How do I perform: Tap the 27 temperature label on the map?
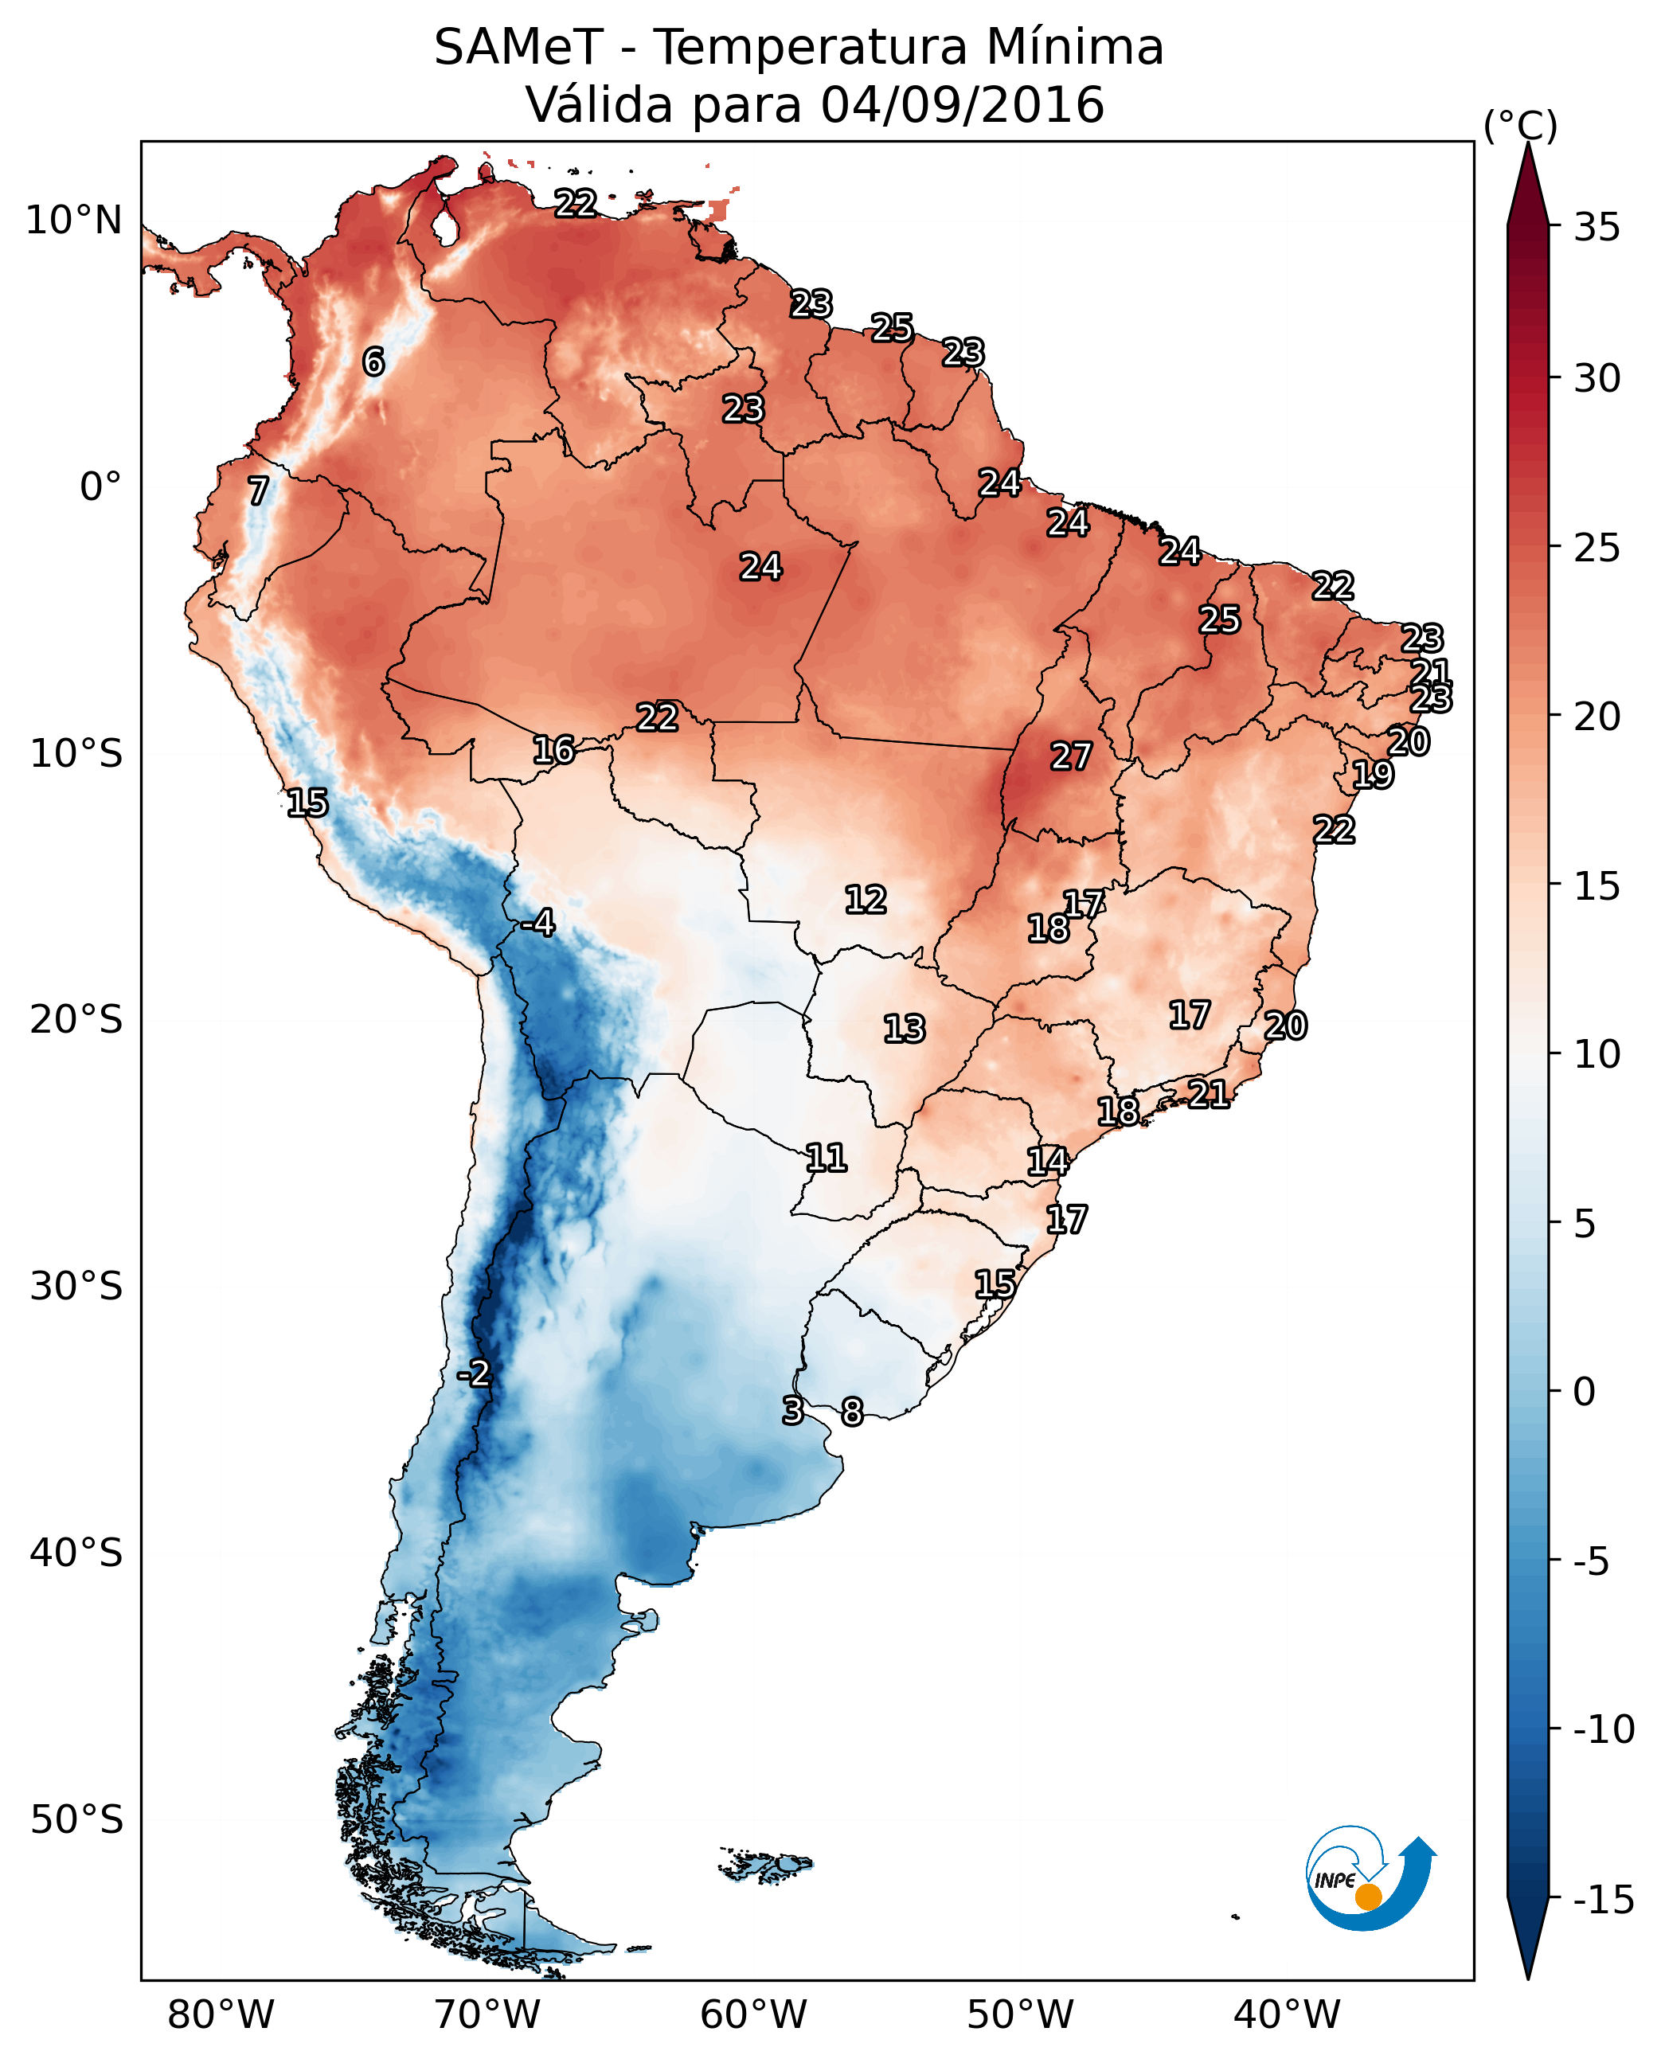pyautogui.click(x=1071, y=757)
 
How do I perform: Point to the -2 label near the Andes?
pyautogui.click(x=474, y=1374)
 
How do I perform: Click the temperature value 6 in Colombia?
pyautogui.click(x=373, y=361)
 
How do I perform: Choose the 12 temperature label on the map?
pyautogui.click(x=866, y=900)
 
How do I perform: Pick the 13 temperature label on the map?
pyautogui.click(x=905, y=1029)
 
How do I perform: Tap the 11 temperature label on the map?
pyautogui.click(x=827, y=1158)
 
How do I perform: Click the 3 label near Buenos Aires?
pyautogui.click(x=792, y=1410)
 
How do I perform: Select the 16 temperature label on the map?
pyautogui.click(x=554, y=750)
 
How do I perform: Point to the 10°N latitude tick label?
pyautogui.click(x=74, y=221)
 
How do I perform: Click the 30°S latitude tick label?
pyautogui.click(x=76, y=1287)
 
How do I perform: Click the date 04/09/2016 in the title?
pyautogui.click(x=963, y=104)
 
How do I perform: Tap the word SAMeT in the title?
pyautogui.click(x=518, y=48)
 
